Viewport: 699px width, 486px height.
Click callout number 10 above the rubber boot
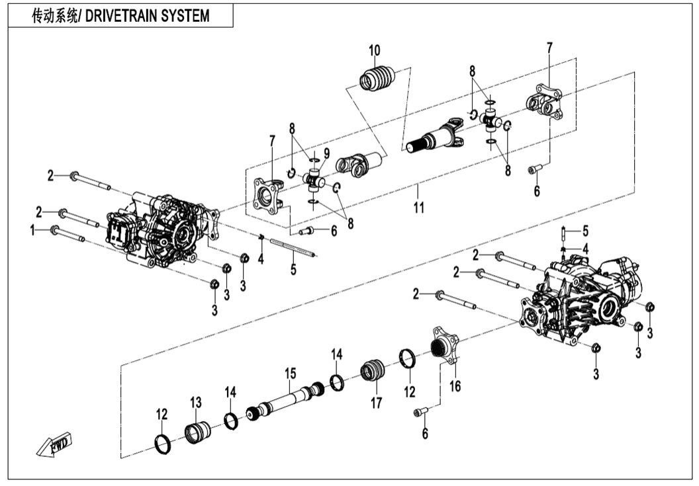(375, 50)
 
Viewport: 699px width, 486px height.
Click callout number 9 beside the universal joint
(326, 153)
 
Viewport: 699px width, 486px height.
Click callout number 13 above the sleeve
(195, 402)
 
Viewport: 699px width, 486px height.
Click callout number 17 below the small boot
(376, 402)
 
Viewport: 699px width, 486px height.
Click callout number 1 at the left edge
(32, 229)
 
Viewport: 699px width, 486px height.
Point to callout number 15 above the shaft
(289, 374)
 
